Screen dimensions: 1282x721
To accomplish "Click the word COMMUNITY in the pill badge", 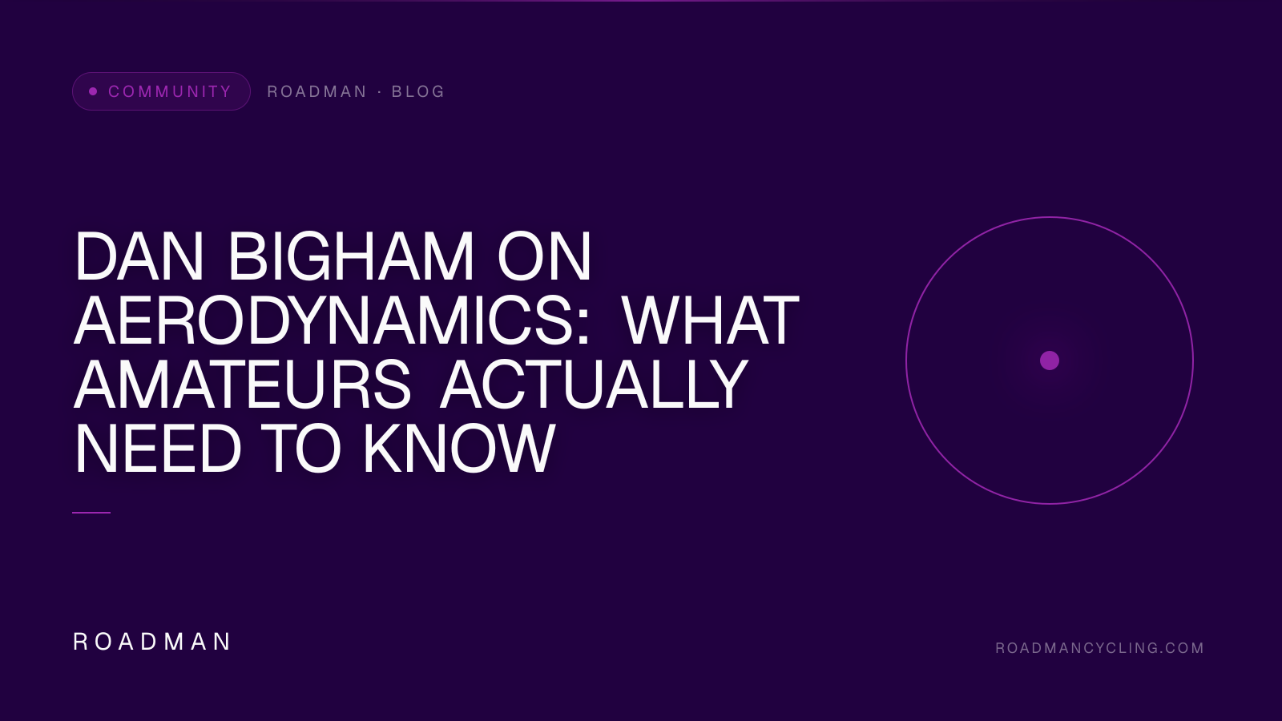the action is tap(169, 91).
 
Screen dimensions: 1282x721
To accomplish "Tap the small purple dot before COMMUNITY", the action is tap(93, 91).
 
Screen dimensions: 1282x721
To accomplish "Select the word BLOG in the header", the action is tap(417, 91).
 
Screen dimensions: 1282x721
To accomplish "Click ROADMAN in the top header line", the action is tap(316, 91).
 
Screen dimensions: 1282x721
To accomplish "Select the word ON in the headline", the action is tap(544, 256).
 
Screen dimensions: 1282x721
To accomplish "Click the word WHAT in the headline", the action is tap(710, 320).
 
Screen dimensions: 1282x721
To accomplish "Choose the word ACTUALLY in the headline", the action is tap(594, 385).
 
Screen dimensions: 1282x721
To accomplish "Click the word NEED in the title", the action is tap(158, 449).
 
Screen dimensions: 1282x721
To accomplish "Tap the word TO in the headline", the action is tap(301, 449).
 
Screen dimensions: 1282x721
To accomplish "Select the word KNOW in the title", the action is tap(460, 449).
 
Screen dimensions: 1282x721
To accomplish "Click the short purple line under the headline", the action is tap(91, 513).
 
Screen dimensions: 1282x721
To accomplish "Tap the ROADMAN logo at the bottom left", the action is tap(151, 642).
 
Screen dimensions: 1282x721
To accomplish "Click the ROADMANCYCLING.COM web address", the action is tap(1099, 648).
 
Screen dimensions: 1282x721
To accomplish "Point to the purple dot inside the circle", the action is tap(1050, 360).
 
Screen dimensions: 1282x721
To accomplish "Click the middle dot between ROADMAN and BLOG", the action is tap(379, 91).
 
